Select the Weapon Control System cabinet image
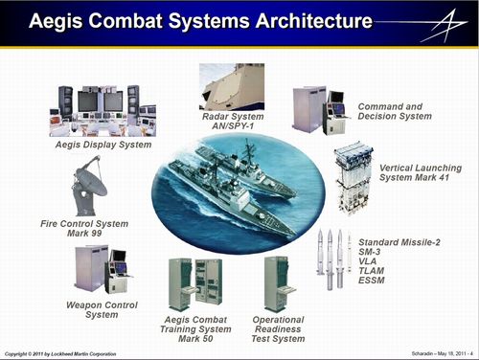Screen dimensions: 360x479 click(x=100, y=269)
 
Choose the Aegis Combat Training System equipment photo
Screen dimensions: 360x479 click(x=194, y=282)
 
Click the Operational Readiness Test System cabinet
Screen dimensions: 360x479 click(x=277, y=282)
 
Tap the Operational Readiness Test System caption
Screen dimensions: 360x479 click(x=278, y=329)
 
